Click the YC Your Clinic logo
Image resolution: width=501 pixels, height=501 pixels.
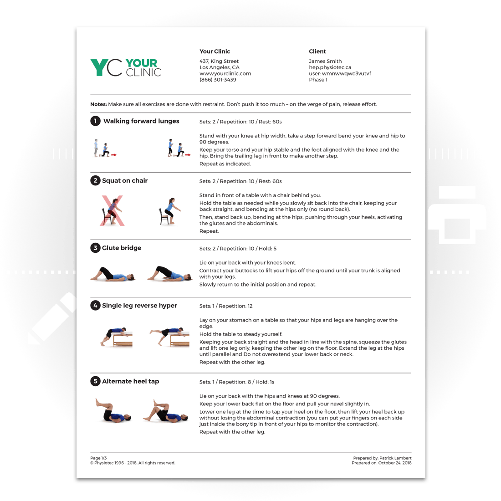pyautogui.click(x=126, y=67)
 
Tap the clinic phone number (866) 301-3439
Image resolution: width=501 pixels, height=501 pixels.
pyautogui.click(x=218, y=80)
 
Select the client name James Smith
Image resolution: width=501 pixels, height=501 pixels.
pyautogui.click(x=325, y=61)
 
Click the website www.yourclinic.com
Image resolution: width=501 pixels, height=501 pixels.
pyautogui.click(x=225, y=73)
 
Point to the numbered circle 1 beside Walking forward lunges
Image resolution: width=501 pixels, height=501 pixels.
pyautogui.click(x=95, y=121)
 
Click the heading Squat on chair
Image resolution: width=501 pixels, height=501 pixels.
pyautogui.click(x=125, y=181)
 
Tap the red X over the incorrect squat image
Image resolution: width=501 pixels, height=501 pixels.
pyautogui.click(x=112, y=211)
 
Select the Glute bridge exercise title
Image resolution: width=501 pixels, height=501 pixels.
pyautogui.click(x=122, y=248)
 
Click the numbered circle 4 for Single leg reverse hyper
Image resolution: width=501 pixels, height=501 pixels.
pyautogui.click(x=95, y=306)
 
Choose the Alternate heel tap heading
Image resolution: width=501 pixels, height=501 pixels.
pyautogui.click(x=130, y=382)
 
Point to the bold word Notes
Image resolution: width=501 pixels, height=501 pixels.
pyautogui.click(x=98, y=104)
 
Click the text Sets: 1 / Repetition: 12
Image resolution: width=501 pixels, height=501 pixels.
pyautogui.click(x=226, y=306)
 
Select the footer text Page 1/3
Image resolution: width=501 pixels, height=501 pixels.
pyautogui.click(x=98, y=458)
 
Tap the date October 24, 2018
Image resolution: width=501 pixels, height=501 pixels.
pyautogui.click(x=394, y=463)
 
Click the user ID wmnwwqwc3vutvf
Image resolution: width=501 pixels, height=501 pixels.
pyautogui.click(x=346, y=73)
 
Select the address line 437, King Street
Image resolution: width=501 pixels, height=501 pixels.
pyautogui.click(x=219, y=61)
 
